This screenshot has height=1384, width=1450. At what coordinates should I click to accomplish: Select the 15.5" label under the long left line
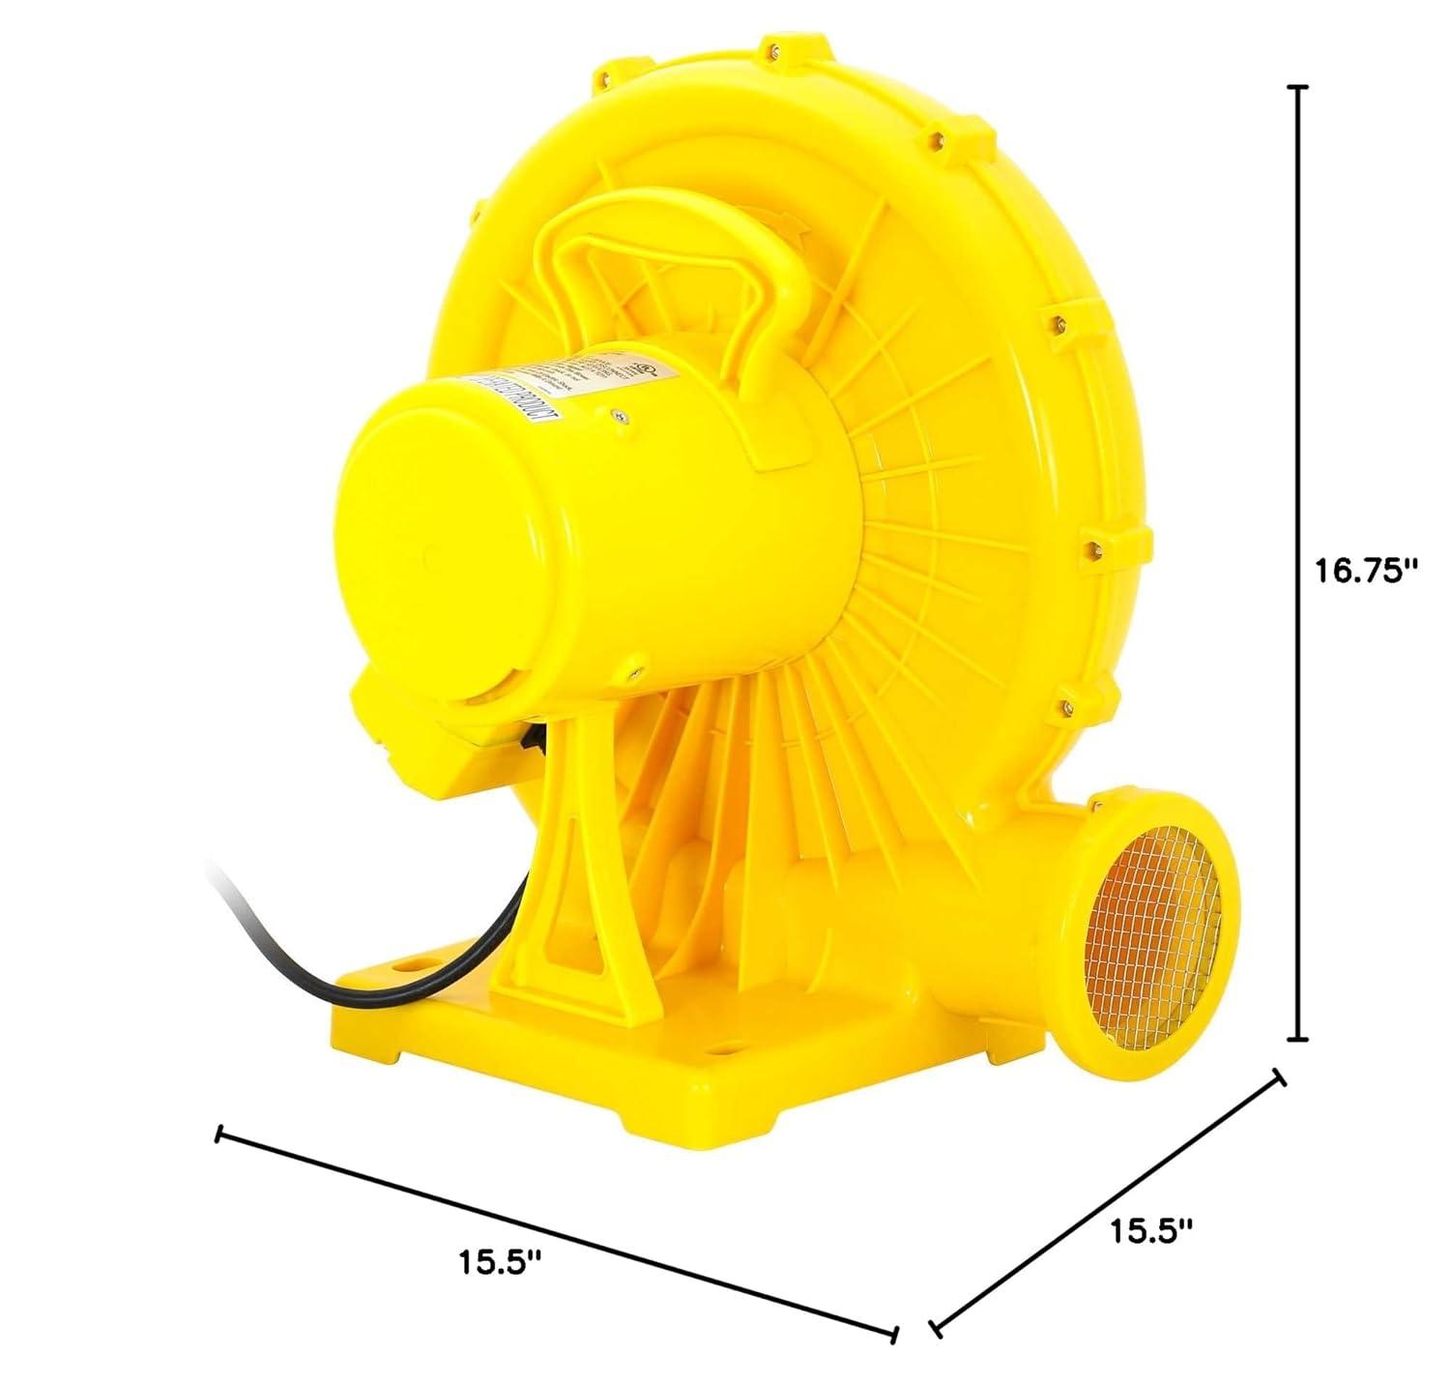500,1261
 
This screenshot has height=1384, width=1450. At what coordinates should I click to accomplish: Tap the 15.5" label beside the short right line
1150,1230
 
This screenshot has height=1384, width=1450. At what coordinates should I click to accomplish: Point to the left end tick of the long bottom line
221,1134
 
